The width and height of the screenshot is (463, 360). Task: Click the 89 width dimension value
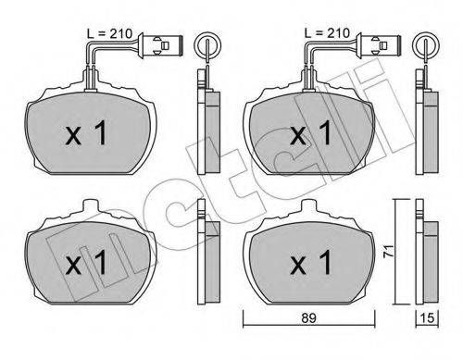coord(309,317)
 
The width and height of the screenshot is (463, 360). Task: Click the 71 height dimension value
coord(388,251)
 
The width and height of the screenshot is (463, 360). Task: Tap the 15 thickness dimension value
coord(428,317)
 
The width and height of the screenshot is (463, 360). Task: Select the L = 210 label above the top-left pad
coord(109,33)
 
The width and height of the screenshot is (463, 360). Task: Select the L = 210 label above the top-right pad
coord(327,33)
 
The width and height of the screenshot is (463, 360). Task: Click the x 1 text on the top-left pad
coord(86,133)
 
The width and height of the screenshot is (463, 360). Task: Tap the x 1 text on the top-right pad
coord(311,133)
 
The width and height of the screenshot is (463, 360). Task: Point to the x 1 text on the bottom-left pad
coord(86,262)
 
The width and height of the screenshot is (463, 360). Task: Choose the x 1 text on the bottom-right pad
coord(311,262)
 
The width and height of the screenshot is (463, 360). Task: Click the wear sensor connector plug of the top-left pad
coord(161,45)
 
